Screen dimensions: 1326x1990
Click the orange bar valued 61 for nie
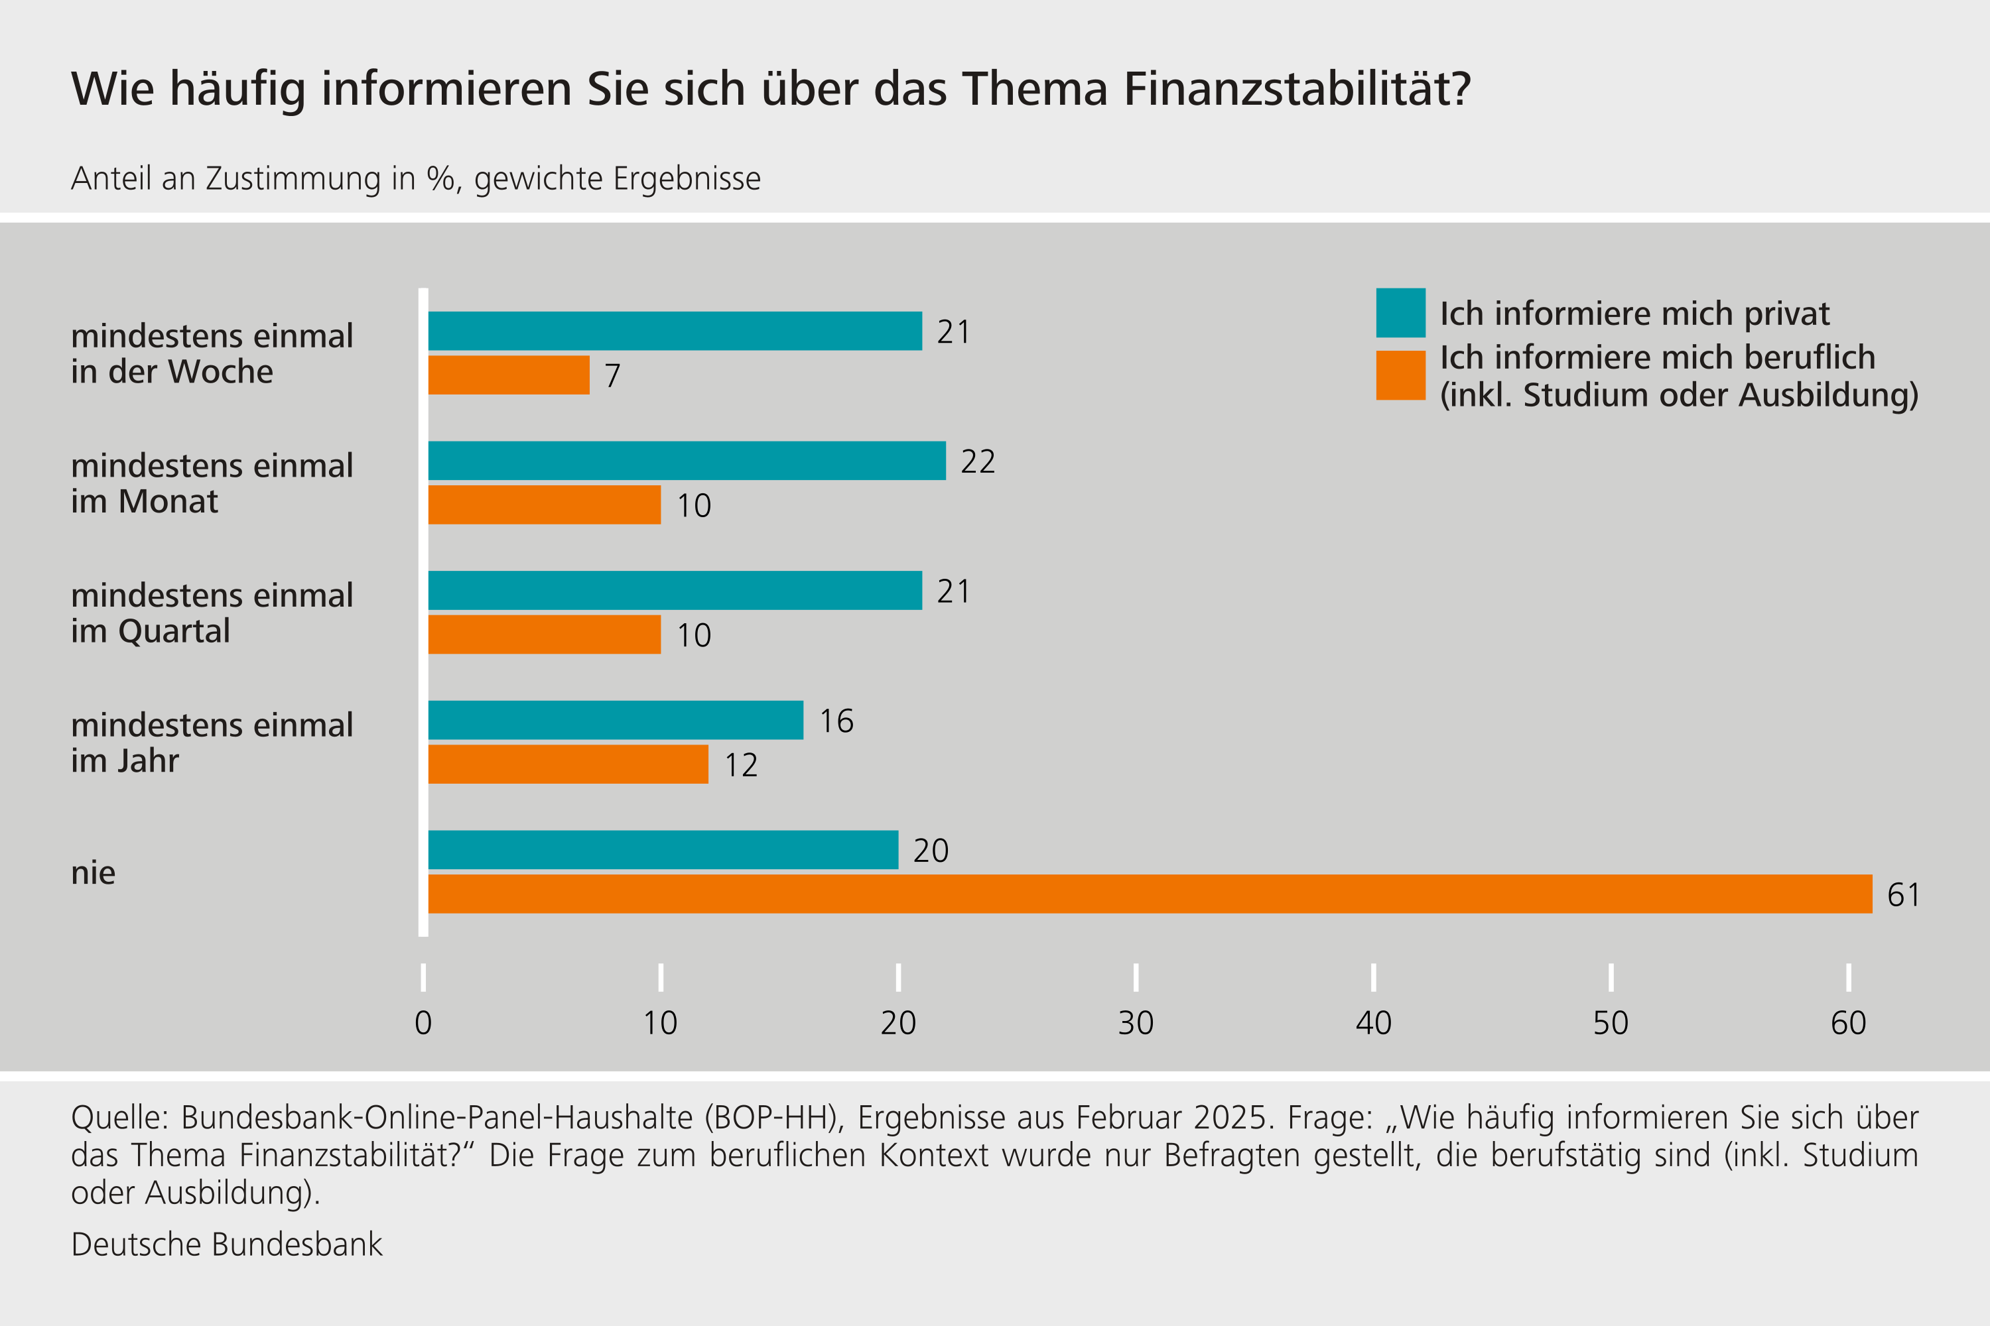[1150, 894]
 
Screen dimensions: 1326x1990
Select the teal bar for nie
[663, 850]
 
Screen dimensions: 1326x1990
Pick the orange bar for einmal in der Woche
[509, 375]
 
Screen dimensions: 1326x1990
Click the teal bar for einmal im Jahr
[615, 721]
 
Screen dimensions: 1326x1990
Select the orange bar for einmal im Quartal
[544, 634]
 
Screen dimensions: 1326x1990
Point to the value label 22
[978, 461]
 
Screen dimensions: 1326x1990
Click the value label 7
[612, 375]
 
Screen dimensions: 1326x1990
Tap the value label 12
[741, 765]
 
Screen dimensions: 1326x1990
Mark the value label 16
[836, 721]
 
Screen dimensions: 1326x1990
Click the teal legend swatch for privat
[1400, 313]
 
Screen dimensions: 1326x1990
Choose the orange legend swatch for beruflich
[1400, 375]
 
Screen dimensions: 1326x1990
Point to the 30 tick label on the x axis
[1136, 1023]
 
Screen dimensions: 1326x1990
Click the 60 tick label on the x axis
[1848, 1023]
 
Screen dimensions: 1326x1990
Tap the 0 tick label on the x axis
[423, 1023]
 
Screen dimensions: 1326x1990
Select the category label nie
[93, 873]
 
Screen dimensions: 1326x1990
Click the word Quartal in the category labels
[174, 632]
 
